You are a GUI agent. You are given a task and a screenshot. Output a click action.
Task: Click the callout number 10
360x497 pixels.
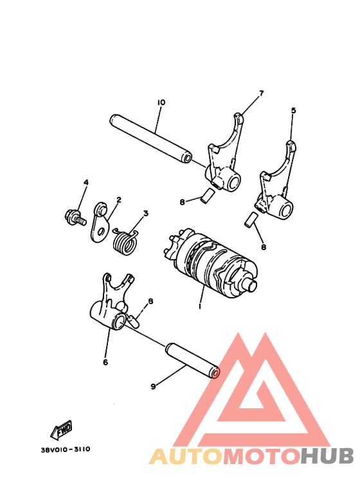[161, 102]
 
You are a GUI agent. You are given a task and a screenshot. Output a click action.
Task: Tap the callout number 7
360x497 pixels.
[261, 94]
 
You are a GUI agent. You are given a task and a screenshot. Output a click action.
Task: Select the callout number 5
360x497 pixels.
[293, 111]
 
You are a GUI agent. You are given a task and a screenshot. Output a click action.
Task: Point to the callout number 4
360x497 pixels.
[85, 183]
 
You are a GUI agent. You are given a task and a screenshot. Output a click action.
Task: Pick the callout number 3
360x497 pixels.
[146, 213]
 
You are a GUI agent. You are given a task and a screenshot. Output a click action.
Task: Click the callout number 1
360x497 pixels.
[200, 307]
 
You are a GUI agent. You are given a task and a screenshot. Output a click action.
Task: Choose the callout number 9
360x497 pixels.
[153, 386]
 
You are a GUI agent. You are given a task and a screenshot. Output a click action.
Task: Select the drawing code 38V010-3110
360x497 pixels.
[60, 449]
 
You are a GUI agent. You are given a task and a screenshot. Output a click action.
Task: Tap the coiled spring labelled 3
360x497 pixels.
[127, 240]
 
